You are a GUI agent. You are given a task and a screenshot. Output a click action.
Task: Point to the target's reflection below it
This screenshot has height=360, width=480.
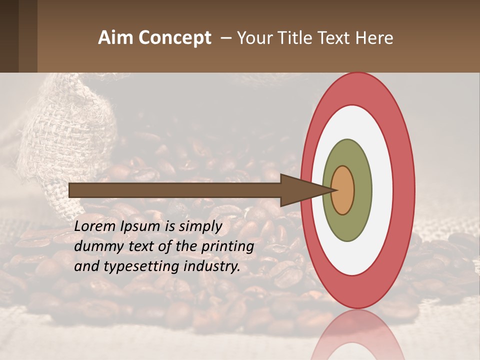358,335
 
